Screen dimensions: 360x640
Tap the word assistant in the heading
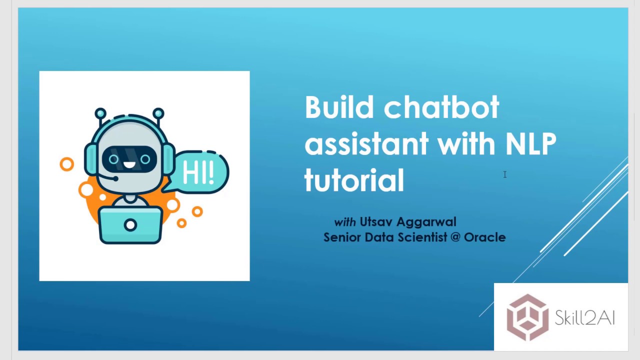366,144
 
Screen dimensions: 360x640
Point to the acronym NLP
530,144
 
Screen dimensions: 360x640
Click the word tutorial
354,180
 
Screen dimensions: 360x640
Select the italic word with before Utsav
344,221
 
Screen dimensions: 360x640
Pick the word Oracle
484,237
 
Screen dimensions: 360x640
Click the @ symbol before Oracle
455,237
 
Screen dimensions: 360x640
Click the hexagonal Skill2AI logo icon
527,317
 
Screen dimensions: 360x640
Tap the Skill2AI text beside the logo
584,318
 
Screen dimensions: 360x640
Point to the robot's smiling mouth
129,165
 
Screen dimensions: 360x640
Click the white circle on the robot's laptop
130,225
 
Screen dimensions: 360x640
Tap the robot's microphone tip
115,178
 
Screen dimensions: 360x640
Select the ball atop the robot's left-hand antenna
100,113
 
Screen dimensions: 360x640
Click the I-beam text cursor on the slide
505,174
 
